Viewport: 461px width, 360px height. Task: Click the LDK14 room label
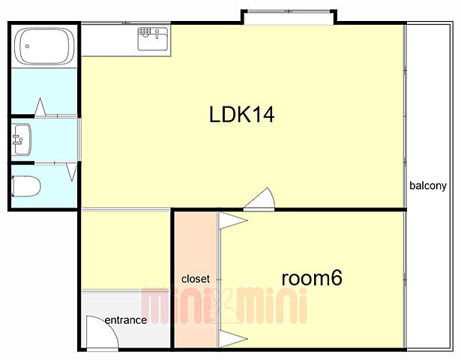[241, 115]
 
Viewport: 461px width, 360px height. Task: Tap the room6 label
[312, 277]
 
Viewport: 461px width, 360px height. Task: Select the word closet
[196, 279]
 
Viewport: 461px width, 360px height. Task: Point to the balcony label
[428, 186]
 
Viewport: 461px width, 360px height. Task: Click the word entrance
[126, 320]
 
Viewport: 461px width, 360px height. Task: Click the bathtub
[44, 46]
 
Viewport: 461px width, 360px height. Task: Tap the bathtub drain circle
[27, 46]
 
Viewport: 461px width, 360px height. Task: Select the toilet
[26, 186]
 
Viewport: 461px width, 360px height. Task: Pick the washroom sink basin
[22, 139]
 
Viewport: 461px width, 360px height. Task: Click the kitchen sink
[153, 38]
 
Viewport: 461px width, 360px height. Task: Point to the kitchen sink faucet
[157, 34]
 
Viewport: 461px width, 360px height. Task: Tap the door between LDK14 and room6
[259, 199]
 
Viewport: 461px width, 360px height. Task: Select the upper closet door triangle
[233, 220]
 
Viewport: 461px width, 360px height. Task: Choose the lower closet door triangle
[233, 339]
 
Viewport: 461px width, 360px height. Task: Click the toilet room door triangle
[72, 172]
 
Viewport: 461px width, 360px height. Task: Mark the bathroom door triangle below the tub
[40, 108]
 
